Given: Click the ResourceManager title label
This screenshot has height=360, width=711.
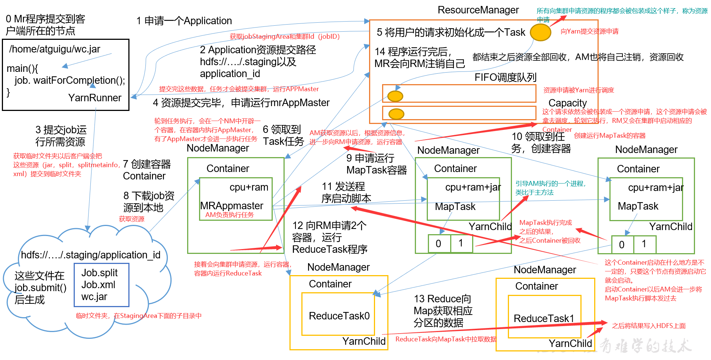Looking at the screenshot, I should pyautogui.click(x=478, y=10).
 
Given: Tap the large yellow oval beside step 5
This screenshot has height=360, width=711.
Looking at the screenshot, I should pyautogui.click(x=540, y=33).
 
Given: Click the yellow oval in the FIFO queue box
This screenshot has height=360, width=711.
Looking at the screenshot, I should pyautogui.click(x=395, y=96).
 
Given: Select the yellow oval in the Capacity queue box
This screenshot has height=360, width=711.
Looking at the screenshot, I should pyautogui.click(x=396, y=114).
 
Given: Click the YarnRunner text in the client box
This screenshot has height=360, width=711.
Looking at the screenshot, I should pyautogui.click(x=95, y=98).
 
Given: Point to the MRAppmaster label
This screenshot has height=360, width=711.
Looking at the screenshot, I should pyautogui.click(x=231, y=206).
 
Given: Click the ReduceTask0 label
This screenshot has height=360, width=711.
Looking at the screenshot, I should pyautogui.click(x=339, y=316).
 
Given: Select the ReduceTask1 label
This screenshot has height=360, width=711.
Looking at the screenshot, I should pyautogui.click(x=544, y=319).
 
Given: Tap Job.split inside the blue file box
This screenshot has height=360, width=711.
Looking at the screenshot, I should pyautogui.click(x=99, y=273).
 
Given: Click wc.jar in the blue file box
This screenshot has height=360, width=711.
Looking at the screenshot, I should pyautogui.click(x=94, y=297).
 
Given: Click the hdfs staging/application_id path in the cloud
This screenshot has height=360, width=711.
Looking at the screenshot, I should pyautogui.click(x=91, y=255).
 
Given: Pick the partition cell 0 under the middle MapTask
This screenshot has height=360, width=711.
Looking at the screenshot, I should pyautogui.click(x=438, y=244).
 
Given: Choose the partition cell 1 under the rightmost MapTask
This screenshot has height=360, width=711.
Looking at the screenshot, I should pyautogui.click(x=644, y=244).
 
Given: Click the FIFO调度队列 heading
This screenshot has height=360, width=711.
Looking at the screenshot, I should pyautogui.click(x=505, y=77).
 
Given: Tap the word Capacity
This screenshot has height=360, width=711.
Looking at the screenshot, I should pyautogui.click(x=567, y=103).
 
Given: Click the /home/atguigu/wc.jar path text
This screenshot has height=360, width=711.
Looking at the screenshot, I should pyautogui.click(x=55, y=49).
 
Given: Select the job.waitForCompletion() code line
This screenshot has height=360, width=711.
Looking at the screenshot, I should pyautogui.click(x=70, y=80).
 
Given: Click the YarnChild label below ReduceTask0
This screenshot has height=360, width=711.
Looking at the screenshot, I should pyautogui.click(x=363, y=341).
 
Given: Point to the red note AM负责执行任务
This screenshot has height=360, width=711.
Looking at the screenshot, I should pyautogui.click(x=230, y=215).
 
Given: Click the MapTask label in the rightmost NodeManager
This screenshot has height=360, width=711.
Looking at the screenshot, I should pyautogui.click(x=638, y=206).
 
